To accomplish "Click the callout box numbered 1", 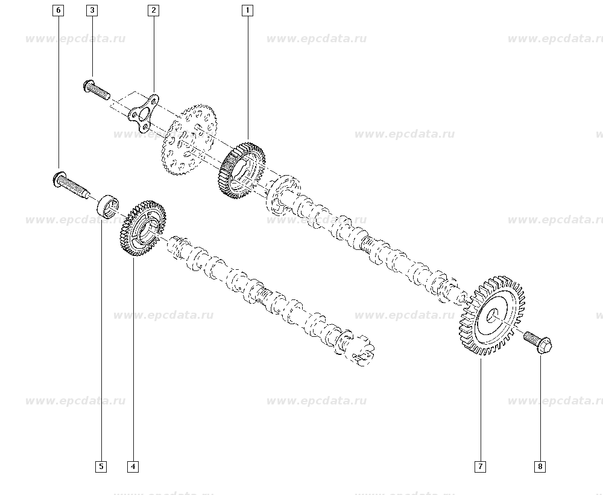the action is pos(247,10).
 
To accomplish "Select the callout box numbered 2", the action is pos(153,10).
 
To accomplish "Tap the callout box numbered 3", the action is pos(92,10).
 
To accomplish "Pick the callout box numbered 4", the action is pos(133,467).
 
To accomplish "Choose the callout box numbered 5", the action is pos(101,467).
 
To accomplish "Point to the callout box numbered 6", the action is pos(58,10).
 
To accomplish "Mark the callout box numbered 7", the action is pos(481,467).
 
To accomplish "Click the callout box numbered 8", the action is pos(540,467).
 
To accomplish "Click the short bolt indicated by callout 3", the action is pos(96,90).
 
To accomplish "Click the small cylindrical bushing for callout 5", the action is pos(108,206).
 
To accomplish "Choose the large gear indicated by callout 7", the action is pos(492,316).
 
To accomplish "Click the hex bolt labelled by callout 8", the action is pos(538,342).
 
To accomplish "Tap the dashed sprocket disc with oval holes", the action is pos(188,139).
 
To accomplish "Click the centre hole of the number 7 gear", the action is pos(493,316).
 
